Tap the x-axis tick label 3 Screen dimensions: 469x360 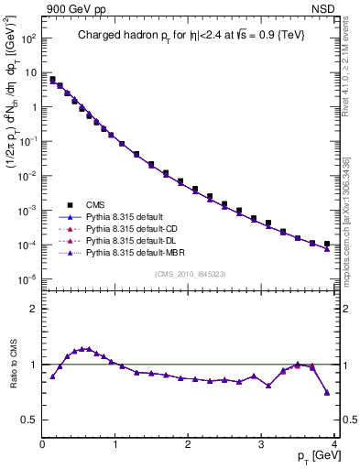pyautogui.click(x=263, y=444)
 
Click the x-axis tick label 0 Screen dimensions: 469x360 pyautogui.click(x=43, y=444)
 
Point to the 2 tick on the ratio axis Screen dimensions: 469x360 pyautogui.click(x=33, y=309)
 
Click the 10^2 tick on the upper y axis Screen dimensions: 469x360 pyautogui.click(x=29, y=38)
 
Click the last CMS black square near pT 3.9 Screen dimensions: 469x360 pyautogui.click(x=327, y=244)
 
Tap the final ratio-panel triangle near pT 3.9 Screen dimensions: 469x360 pyautogui.click(x=327, y=392)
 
